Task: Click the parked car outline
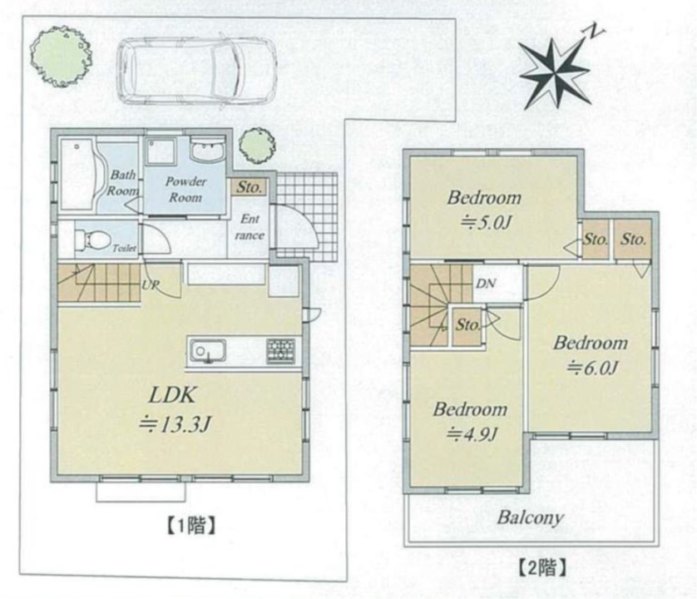coord(196,71)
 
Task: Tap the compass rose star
coord(554,73)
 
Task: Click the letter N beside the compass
coord(595,31)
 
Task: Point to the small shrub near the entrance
coord(256,146)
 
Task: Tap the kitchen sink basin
coord(208,351)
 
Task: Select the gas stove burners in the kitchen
coord(281,351)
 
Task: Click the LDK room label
coord(172,395)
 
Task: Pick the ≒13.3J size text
coord(175,425)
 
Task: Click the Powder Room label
coord(185,190)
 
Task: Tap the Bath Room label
coord(123,183)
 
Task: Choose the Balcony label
coord(531,517)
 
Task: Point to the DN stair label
coord(486,283)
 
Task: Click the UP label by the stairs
coord(151,285)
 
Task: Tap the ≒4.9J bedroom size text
coord(472,433)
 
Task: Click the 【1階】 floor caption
coord(191,526)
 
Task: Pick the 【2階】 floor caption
coord(542,568)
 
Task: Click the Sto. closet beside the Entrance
coord(249,187)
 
